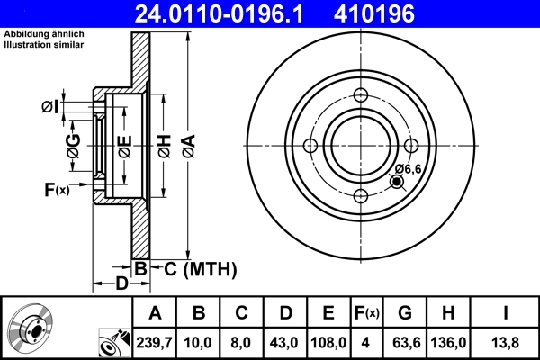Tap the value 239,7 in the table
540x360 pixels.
point(155,341)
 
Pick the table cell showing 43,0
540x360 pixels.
point(285,341)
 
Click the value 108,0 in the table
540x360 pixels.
point(328,341)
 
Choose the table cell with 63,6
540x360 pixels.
point(406,341)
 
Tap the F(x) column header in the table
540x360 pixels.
point(367,313)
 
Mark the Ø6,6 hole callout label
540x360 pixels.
point(409,168)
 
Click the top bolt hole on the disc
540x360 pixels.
point(361,97)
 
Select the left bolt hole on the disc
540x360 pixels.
point(310,147)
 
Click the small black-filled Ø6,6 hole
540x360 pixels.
point(397,183)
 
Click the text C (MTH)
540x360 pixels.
point(199,268)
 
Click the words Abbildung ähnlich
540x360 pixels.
point(37,33)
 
